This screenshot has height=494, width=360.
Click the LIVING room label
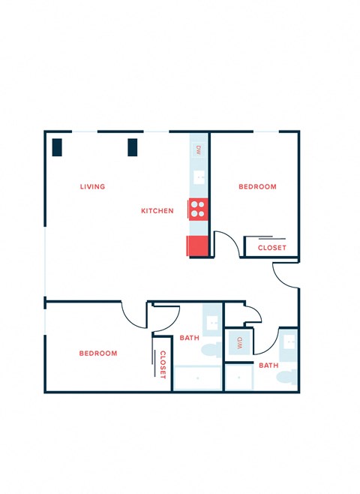click(x=93, y=186)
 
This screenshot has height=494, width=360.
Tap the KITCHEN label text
click(x=157, y=211)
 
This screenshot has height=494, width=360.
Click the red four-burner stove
click(x=199, y=208)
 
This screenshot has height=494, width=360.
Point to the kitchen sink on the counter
click(x=199, y=178)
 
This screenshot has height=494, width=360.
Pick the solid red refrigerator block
click(x=197, y=245)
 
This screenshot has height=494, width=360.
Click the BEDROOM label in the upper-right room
click(x=257, y=186)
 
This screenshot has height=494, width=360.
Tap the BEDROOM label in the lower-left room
click(x=98, y=353)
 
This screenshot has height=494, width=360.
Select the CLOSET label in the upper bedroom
click(x=271, y=248)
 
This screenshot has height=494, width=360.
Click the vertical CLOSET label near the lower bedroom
click(x=162, y=365)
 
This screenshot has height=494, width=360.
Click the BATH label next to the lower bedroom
click(x=189, y=338)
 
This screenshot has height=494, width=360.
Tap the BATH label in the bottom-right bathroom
click(x=268, y=366)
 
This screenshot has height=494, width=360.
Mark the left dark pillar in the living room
click(x=57, y=146)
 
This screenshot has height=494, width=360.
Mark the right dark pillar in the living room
click(x=133, y=146)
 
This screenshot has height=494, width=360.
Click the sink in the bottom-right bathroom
click(x=289, y=342)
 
